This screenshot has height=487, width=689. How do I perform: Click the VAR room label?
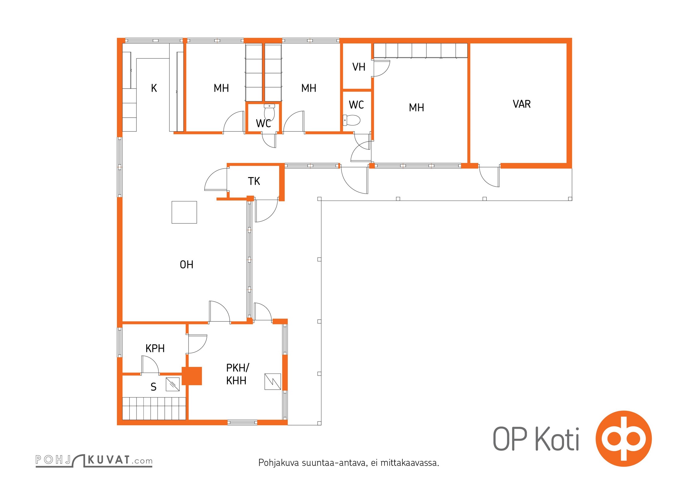tap(521, 104)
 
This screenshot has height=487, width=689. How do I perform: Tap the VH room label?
tap(359, 67)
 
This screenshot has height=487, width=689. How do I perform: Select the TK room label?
tap(254, 181)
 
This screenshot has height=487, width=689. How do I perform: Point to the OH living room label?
tap(186, 265)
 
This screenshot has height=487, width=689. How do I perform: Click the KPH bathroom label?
tap(155, 348)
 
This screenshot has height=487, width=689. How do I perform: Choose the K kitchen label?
tap(154, 88)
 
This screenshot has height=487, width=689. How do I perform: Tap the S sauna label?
tap(154, 387)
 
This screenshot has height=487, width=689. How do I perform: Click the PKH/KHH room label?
tap(238, 374)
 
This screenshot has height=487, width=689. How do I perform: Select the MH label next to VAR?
tap(416, 107)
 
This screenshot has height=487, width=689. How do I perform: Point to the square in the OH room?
tap(184, 212)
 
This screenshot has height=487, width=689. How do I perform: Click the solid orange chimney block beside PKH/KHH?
tap(192, 376)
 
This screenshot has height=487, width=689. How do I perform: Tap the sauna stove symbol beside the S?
tap(172, 384)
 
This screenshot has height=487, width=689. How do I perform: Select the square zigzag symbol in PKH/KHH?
tap(273, 382)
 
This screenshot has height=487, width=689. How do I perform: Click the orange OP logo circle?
tap(624, 439)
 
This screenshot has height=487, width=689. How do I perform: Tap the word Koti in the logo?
tap(557, 439)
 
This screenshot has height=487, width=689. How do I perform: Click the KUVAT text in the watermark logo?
tap(109, 460)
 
